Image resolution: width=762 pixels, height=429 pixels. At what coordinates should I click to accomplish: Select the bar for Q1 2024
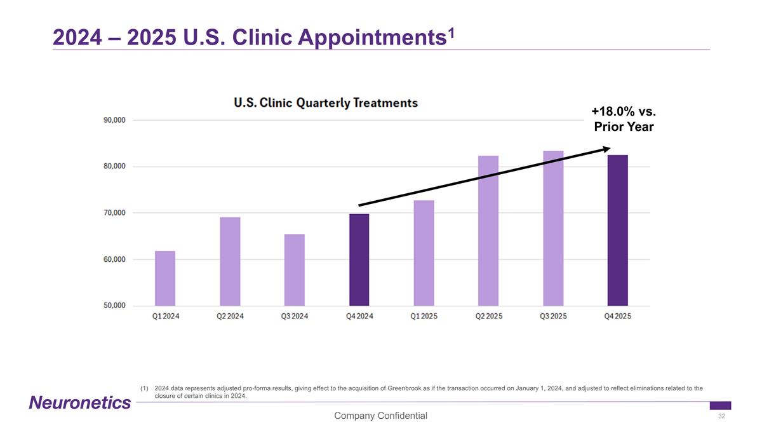[165, 278]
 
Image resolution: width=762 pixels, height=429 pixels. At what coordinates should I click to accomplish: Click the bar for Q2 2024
[230, 261]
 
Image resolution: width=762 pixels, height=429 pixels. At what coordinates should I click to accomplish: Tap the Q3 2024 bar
[295, 270]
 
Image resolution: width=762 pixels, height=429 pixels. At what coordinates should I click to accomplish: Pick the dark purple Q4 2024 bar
[359, 260]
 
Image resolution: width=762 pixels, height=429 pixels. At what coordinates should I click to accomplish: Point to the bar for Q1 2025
[424, 253]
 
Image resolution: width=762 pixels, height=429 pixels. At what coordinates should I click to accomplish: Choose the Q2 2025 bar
[488, 231]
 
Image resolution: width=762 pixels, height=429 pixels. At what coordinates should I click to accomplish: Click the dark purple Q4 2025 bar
[617, 230]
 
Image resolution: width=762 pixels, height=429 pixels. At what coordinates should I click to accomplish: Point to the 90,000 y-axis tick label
[115, 120]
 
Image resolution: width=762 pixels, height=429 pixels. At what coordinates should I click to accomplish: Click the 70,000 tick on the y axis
[115, 213]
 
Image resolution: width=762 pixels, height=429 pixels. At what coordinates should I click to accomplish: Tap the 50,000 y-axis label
[115, 306]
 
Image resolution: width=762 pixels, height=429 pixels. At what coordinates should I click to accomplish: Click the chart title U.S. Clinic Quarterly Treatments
[326, 103]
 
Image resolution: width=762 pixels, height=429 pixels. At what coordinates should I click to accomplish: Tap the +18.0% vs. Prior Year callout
[623, 119]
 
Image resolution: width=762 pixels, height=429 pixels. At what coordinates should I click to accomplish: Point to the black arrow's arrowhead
[606, 149]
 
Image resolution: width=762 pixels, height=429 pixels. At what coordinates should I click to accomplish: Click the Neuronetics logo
[79, 402]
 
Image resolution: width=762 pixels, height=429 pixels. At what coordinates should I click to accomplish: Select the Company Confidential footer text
[381, 416]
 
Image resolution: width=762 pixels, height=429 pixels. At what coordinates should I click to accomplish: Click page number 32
[721, 416]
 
